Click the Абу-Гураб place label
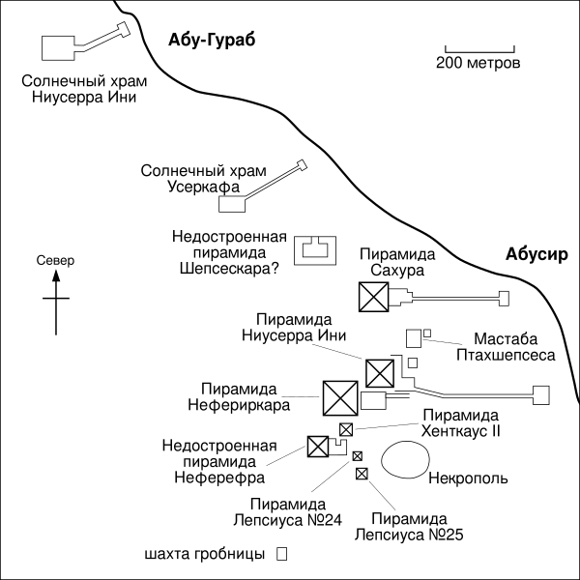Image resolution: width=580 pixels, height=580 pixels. point(210,39)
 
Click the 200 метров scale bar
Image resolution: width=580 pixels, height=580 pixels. point(478,48)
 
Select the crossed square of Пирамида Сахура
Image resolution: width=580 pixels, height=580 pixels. point(373,298)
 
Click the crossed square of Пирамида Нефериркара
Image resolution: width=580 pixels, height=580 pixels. point(339,396)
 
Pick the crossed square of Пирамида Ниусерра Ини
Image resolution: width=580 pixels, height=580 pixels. point(379,372)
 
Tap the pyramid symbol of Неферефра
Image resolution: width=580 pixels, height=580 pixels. point(317,446)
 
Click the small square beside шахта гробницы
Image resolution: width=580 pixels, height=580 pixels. point(281,555)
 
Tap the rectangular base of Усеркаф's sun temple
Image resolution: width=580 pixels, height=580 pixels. point(232,204)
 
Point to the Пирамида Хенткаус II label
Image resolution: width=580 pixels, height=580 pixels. point(461,423)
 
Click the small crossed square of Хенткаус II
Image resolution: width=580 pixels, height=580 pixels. point(345,429)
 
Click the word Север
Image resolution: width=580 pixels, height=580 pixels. point(55,260)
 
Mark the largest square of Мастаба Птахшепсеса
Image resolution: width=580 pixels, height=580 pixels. point(414,337)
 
